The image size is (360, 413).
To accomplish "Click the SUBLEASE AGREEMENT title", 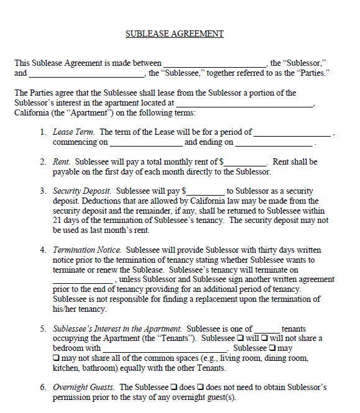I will click(x=174, y=34).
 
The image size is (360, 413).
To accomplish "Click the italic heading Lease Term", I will click(x=73, y=132).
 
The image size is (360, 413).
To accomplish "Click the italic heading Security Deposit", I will click(x=82, y=191).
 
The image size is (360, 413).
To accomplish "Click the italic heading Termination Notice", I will click(x=86, y=250).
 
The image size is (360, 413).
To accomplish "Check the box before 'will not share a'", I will click(x=264, y=338).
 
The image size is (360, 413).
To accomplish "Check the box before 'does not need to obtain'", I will click(x=201, y=388).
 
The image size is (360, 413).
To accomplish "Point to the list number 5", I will click(x=44, y=329).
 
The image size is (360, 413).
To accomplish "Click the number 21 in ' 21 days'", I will click(x=58, y=221).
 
